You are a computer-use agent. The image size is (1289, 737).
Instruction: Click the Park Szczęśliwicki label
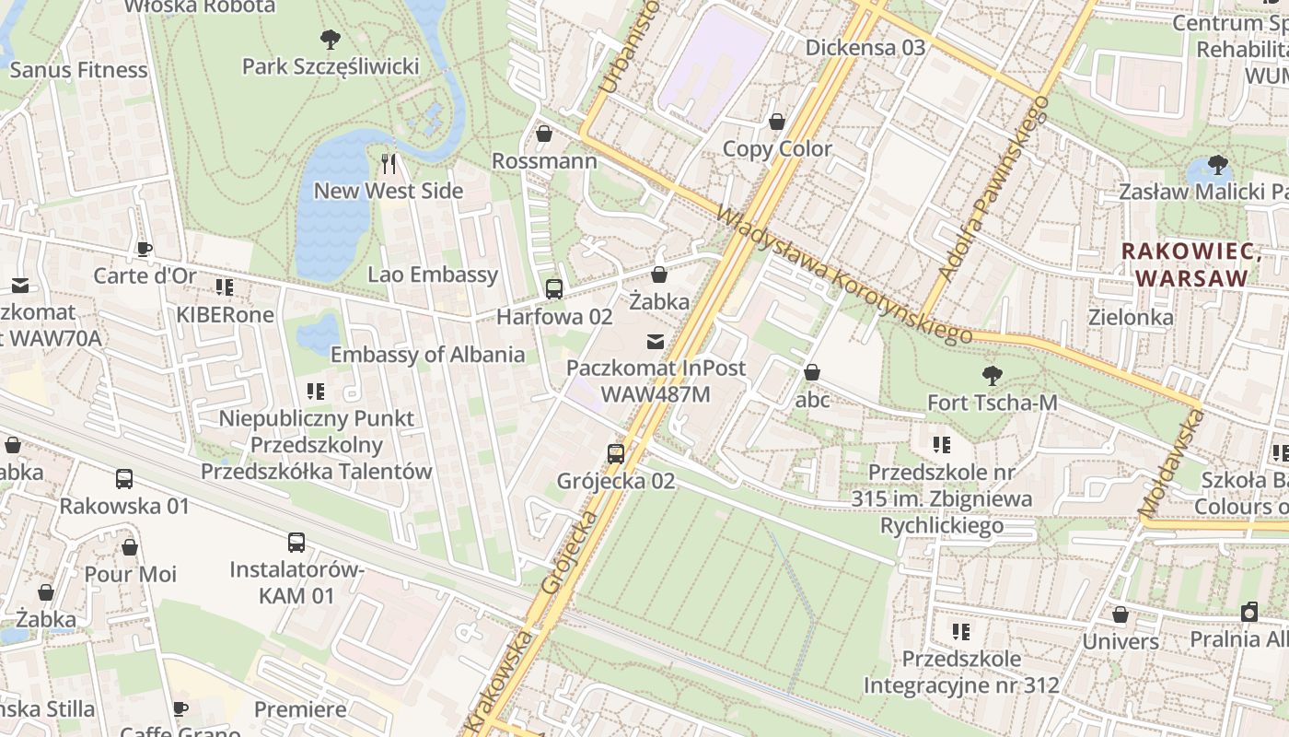click(331, 66)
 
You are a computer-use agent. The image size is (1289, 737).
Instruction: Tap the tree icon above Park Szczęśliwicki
click(331, 40)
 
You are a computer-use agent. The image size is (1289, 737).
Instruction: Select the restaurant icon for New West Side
click(389, 164)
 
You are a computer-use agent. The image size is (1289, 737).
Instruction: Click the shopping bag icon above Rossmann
click(544, 135)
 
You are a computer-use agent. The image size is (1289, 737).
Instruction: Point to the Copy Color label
click(777, 148)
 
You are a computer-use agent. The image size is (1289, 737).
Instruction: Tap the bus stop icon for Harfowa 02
click(554, 289)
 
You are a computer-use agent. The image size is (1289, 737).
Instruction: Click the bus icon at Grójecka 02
click(616, 453)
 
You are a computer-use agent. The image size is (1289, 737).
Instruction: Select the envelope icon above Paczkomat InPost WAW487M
click(655, 342)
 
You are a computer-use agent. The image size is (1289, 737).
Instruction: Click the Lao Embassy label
click(433, 274)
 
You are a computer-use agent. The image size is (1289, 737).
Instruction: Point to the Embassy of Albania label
click(427, 355)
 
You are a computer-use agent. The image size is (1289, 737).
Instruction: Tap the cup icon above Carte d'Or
click(145, 249)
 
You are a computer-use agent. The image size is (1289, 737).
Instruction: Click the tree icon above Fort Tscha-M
click(992, 376)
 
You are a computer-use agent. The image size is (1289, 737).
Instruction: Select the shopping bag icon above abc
click(812, 372)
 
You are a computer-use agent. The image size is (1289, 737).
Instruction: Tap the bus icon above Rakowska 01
click(124, 479)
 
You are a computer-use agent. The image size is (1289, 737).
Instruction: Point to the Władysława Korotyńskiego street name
click(842, 275)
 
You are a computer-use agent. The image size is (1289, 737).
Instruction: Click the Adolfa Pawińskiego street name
click(993, 189)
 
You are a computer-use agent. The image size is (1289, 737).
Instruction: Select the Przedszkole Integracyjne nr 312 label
click(961, 673)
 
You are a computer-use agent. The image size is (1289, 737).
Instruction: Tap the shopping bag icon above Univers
click(1121, 614)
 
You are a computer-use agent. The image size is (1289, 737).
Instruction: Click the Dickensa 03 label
click(865, 47)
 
